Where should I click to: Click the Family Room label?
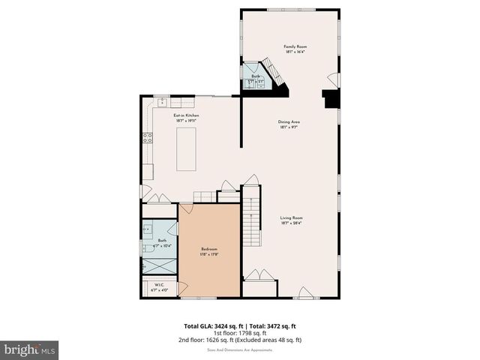[x=295, y=46]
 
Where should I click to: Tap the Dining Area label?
[x=289, y=121]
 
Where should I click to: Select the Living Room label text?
[x=291, y=217]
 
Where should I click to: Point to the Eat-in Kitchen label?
[x=187, y=115]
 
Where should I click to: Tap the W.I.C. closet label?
[x=160, y=285]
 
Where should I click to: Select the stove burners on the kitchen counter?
[x=147, y=137]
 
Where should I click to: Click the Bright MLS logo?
[x=30, y=349]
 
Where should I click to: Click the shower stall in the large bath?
[x=160, y=265]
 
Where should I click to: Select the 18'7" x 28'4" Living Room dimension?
[x=291, y=223]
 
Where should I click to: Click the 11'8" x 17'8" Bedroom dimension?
[x=208, y=254]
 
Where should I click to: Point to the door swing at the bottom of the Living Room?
[x=304, y=292]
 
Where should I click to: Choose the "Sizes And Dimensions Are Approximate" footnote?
[x=240, y=348]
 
